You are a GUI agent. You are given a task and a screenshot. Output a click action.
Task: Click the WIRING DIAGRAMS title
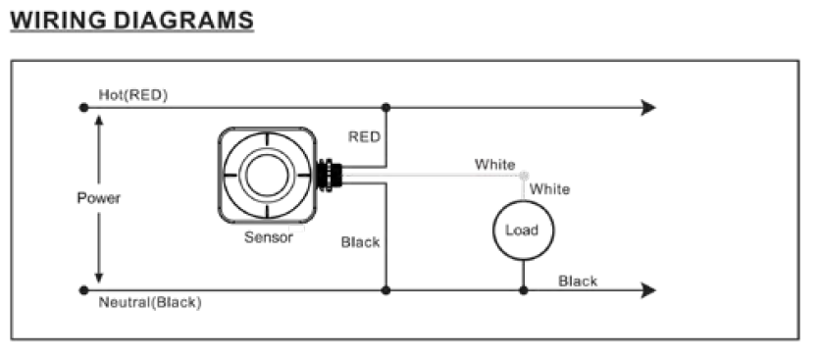(x=132, y=21)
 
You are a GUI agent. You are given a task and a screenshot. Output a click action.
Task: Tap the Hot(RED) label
(x=133, y=95)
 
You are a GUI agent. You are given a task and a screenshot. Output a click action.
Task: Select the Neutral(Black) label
(x=150, y=302)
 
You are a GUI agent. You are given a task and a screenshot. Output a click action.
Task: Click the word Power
(x=98, y=198)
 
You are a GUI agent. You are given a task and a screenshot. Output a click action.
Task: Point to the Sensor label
(x=269, y=237)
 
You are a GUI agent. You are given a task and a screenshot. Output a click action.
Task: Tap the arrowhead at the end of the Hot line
(x=648, y=108)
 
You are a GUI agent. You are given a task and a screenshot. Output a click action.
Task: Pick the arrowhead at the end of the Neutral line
(x=648, y=289)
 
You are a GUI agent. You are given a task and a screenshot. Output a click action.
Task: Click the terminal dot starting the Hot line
(x=84, y=108)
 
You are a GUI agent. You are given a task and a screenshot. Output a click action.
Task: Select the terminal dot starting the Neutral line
(x=84, y=289)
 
